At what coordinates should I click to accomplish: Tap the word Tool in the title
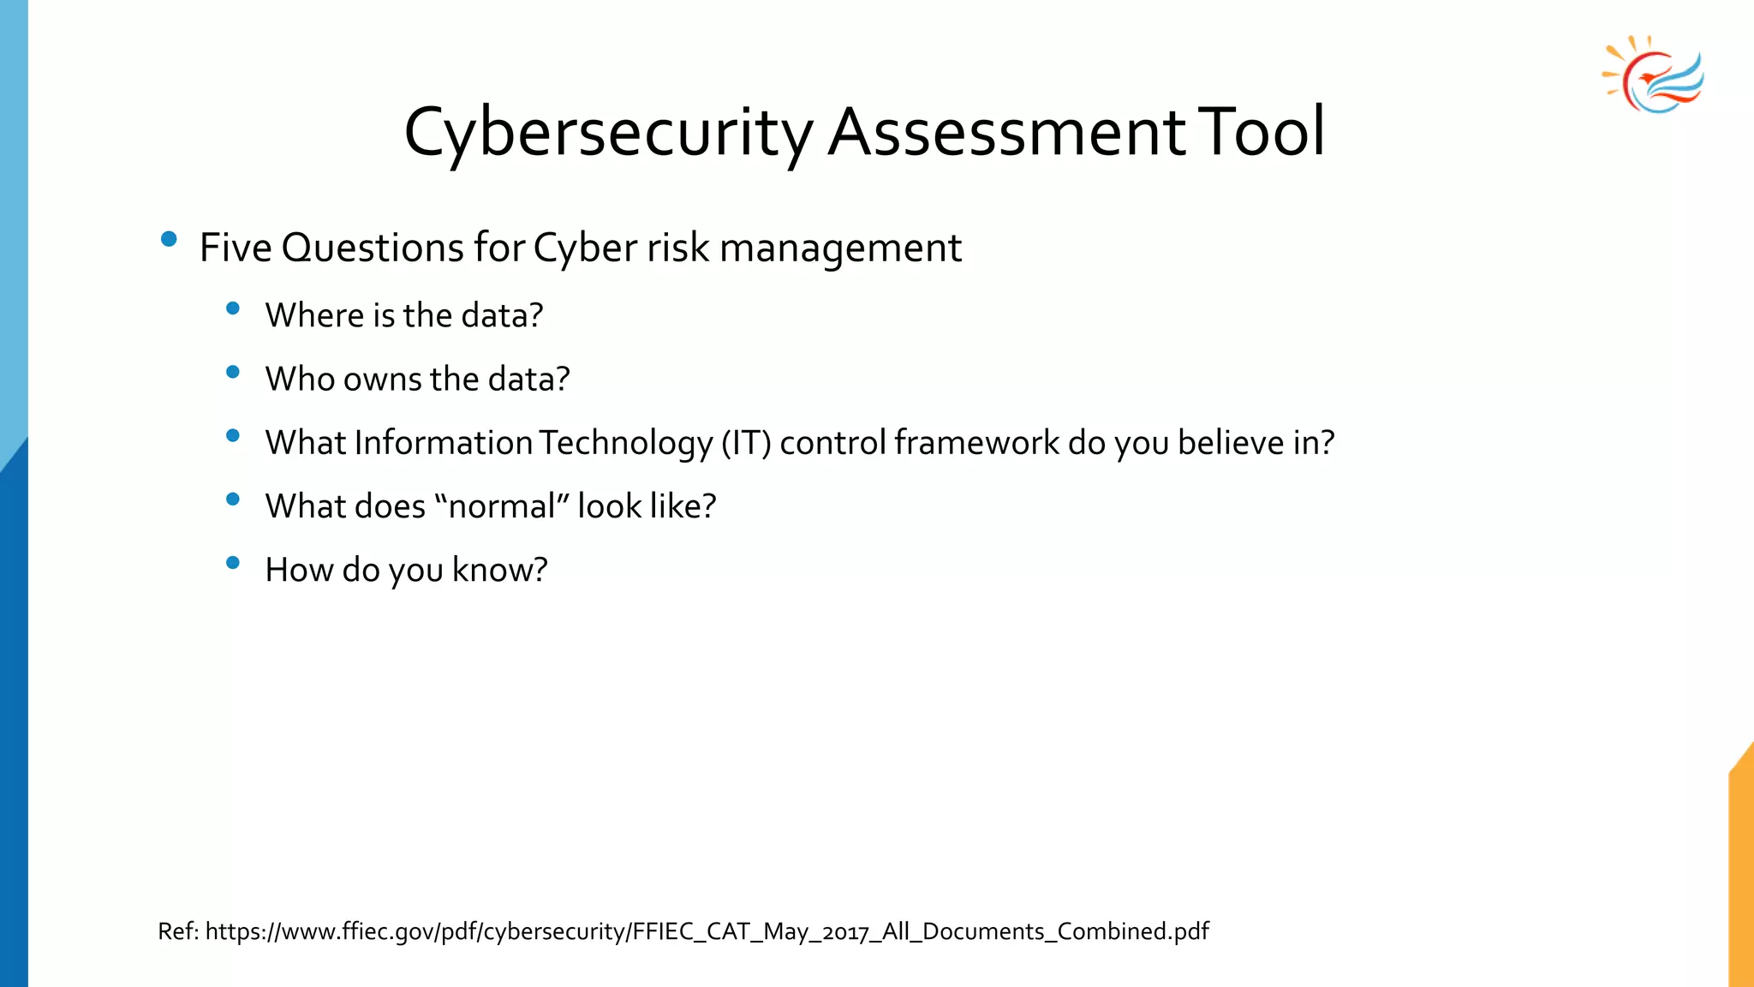click(1261, 133)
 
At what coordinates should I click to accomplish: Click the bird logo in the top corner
click(1654, 75)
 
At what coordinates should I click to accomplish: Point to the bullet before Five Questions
click(169, 239)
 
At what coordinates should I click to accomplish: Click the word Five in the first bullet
click(236, 248)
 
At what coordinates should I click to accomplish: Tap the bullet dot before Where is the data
click(233, 308)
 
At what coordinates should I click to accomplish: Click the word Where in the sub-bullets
click(314, 315)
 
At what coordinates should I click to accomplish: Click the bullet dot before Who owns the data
click(233, 372)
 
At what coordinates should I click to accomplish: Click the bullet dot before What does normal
click(233, 499)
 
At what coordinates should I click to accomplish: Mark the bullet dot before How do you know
click(233, 563)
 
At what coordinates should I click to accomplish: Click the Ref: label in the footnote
click(178, 931)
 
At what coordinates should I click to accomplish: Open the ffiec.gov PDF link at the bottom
click(707, 931)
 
